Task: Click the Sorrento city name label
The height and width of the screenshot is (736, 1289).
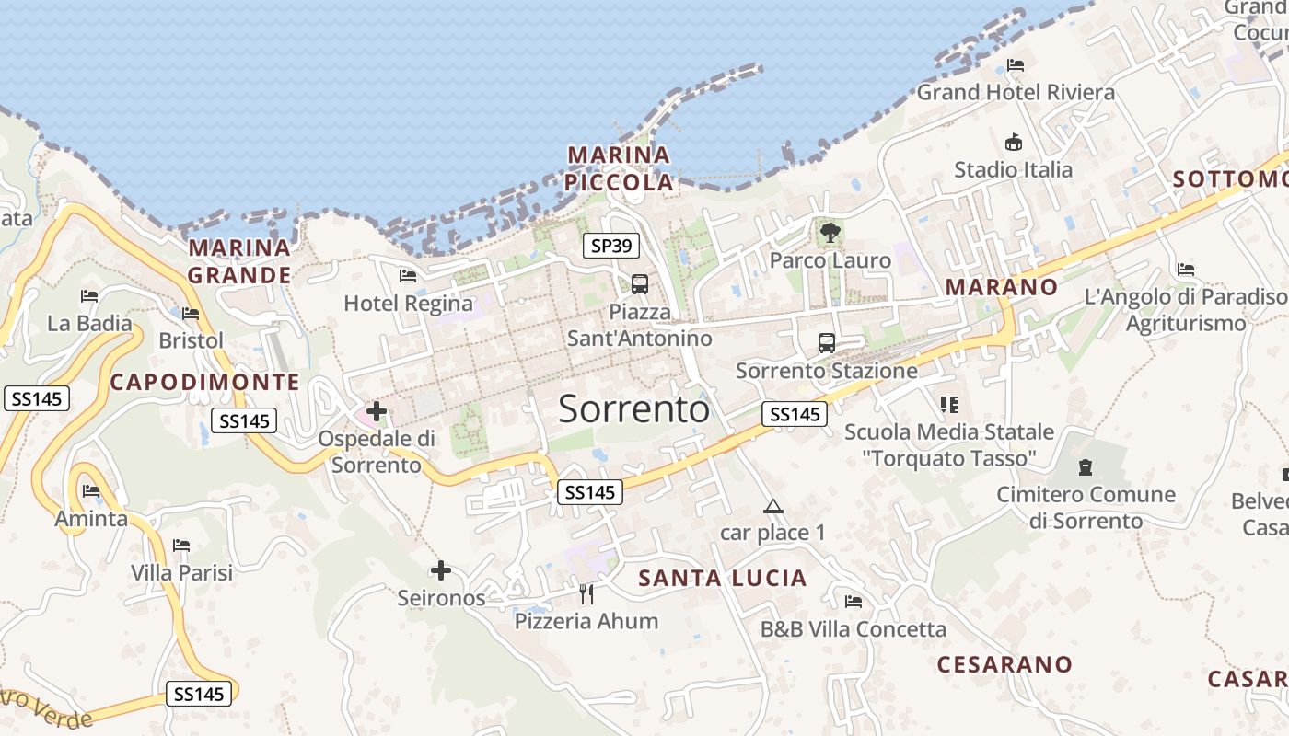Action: (x=633, y=408)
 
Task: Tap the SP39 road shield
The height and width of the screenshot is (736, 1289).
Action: (x=611, y=246)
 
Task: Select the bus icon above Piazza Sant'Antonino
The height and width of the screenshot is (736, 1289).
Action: (x=640, y=284)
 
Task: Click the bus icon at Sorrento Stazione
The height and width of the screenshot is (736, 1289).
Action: (x=827, y=343)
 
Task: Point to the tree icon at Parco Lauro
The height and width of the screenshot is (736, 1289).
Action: (x=830, y=233)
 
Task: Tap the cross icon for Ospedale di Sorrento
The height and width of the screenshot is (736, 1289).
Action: (x=377, y=411)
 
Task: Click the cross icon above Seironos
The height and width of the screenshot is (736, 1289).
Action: (x=441, y=571)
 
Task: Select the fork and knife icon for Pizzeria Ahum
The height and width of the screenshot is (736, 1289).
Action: (x=586, y=593)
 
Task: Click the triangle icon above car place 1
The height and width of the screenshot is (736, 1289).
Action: (x=773, y=506)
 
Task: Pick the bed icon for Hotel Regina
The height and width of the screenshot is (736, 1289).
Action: (x=408, y=276)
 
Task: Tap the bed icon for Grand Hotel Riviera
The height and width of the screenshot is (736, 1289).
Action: (x=1016, y=65)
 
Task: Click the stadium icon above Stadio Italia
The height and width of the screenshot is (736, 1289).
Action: (x=1014, y=143)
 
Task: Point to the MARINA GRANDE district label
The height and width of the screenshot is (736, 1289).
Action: (x=239, y=261)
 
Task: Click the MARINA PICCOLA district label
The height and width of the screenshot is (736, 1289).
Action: (x=619, y=168)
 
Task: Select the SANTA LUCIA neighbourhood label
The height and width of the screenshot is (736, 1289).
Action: (x=723, y=579)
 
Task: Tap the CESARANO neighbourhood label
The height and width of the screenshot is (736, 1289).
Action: (x=1004, y=664)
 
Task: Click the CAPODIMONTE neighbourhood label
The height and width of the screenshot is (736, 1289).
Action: (x=204, y=383)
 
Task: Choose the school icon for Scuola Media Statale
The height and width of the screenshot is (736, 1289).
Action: (x=949, y=405)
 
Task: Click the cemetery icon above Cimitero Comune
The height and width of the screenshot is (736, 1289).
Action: (x=1086, y=467)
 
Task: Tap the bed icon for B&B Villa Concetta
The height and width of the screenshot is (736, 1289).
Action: (x=854, y=602)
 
